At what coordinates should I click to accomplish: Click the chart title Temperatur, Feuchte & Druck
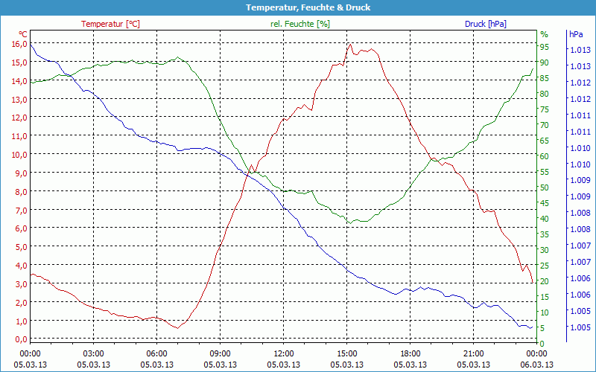(x=298, y=7)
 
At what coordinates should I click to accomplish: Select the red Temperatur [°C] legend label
(x=110, y=24)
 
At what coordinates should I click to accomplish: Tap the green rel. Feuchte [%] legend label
(x=300, y=24)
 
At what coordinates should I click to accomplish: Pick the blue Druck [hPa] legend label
(x=485, y=24)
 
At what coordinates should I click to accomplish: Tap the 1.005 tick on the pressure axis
(x=580, y=327)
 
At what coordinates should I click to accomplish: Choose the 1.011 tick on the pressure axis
(x=580, y=115)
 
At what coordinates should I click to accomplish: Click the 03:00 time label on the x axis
(x=93, y=353)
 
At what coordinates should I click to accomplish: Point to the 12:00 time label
(x=284, y=353)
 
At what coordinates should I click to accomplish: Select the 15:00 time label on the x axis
(x=347, y=353)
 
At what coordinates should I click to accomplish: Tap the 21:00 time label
(x=474, y=353)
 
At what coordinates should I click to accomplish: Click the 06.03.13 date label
(x=537, y=365)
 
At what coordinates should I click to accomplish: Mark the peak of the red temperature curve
(x=350, y=44)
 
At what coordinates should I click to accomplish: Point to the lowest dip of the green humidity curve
(x=352, y=222)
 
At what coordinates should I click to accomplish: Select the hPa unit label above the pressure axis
(x=576, y=34)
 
